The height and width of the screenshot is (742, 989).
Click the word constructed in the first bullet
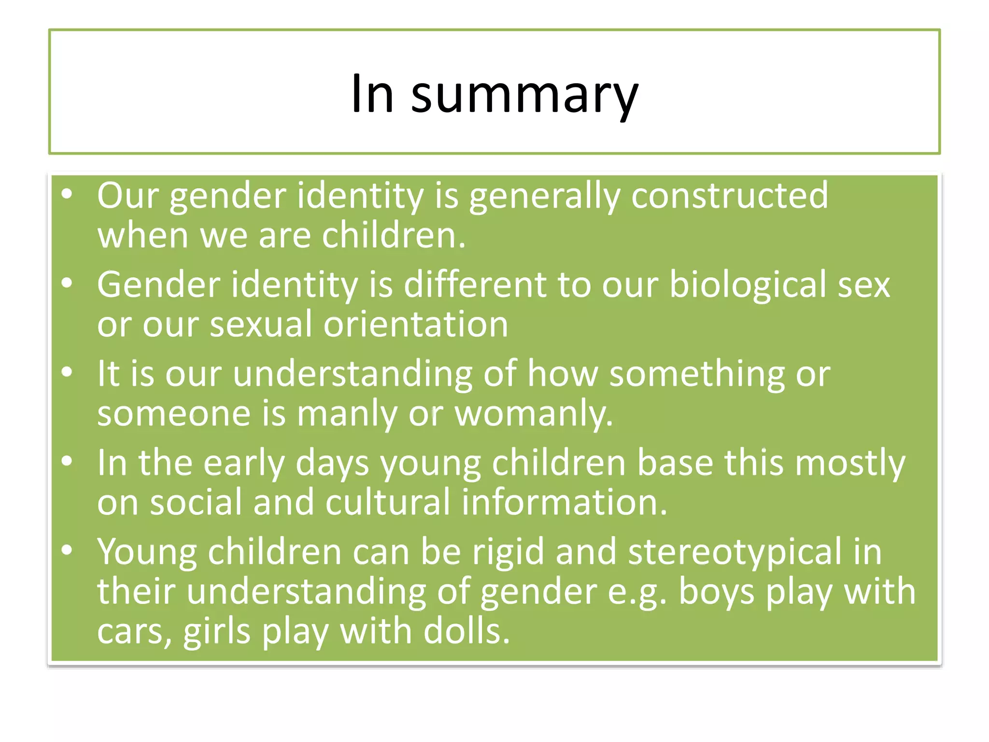coord(730,196)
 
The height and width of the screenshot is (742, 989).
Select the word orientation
coord(416,325)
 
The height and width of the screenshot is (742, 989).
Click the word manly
coord(347,414)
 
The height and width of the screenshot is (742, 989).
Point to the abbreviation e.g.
coord(636,592)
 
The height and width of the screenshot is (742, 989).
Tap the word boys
coord(717,592)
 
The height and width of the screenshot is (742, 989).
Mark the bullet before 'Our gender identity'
coord(67,194)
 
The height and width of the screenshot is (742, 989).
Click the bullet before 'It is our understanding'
coord(67,372)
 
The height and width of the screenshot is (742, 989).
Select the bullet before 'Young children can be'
coord(67,550)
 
